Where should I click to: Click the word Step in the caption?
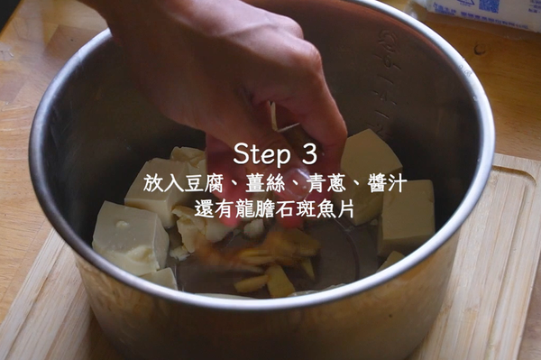click(262, 152)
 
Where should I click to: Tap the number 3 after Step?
click(309, 152)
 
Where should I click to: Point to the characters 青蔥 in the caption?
click(322, 184)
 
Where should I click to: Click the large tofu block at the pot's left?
click(129, 238)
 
